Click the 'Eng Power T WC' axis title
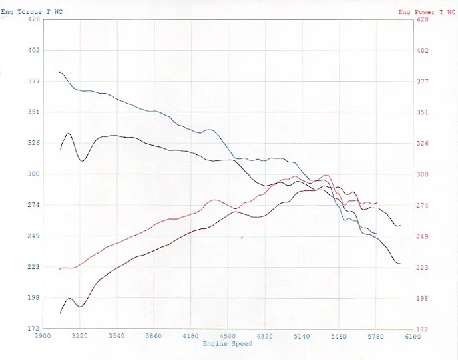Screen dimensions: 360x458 [426, 12]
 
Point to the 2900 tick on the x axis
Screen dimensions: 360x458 [43, 337]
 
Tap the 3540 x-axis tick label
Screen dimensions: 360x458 [116, 337]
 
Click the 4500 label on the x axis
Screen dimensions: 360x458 [228, 337]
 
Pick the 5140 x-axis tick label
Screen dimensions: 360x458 [302, 337]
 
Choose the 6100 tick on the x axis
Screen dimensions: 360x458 [413, 337]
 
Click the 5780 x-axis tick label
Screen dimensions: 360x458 [376, 337]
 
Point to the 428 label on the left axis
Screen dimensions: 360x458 [33, 19]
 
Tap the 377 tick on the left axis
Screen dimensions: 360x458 [33, 81]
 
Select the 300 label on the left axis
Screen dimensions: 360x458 [33, 174]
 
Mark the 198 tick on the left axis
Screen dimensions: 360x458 [33, 298]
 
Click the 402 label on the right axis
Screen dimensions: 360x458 [422, 51]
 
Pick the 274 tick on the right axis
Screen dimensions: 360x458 [422, 206]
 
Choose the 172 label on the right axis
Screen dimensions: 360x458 [422, 329]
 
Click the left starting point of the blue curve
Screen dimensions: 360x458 [59, 72]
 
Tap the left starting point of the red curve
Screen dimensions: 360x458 [59, 270]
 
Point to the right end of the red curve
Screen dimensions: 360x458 [377, 203]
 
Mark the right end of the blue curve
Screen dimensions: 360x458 [377, 234]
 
